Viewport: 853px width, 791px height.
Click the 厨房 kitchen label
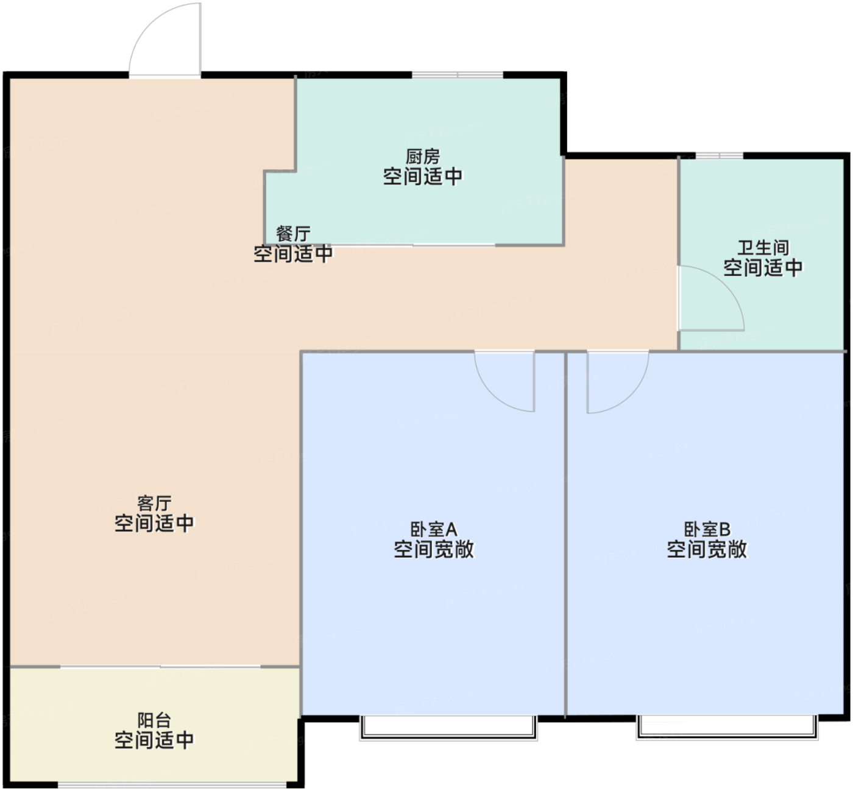pos(423,156)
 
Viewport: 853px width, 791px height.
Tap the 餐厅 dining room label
pos(293,234)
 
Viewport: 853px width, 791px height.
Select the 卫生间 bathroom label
pos(763,248)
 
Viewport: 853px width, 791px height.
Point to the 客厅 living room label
pos(154,503)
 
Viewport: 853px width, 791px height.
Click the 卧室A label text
pos(434,529)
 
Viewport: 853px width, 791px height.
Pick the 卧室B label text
pos(707,529)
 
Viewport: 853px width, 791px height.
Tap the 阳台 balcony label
pos(154,720)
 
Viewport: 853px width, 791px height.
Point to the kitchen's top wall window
pos(458,76)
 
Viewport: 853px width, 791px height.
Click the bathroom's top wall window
pos(720,155)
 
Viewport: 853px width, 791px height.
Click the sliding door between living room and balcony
pos(160,667)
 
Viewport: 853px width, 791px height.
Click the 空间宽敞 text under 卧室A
pos(434,549)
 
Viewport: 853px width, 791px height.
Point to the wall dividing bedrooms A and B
pos(565,534)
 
